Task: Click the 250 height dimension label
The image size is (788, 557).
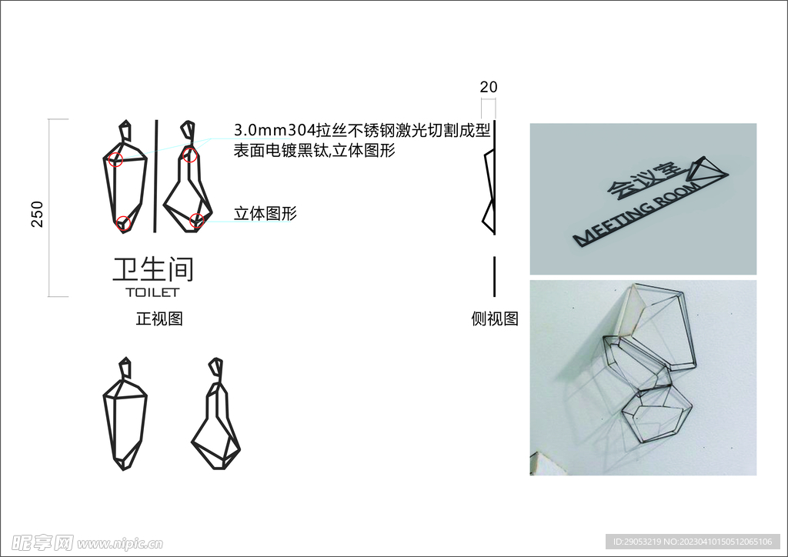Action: [x=37, y=214]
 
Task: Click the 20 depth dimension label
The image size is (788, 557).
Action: [x=489, y=87]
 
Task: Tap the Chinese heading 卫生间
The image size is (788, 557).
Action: [x=153, y=269]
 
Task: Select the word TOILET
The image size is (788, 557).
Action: [x=152, y=292]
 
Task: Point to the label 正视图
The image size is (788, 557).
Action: [x=159, y=319]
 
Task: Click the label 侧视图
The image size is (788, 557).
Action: [x=495, y=319]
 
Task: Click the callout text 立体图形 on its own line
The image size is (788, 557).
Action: [x=265, y=213]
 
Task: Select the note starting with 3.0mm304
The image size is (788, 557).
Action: [x=362, y=131]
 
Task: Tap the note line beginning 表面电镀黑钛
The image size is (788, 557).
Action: [x=315, y=150]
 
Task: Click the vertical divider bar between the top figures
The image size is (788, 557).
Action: [x=156, y=175]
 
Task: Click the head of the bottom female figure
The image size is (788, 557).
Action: [x=216, y=367]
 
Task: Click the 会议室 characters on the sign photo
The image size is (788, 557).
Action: [x=644, y=178]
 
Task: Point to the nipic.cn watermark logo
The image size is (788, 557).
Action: [x=87, y=542]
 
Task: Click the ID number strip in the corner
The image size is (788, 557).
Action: [x=693, y=542]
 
